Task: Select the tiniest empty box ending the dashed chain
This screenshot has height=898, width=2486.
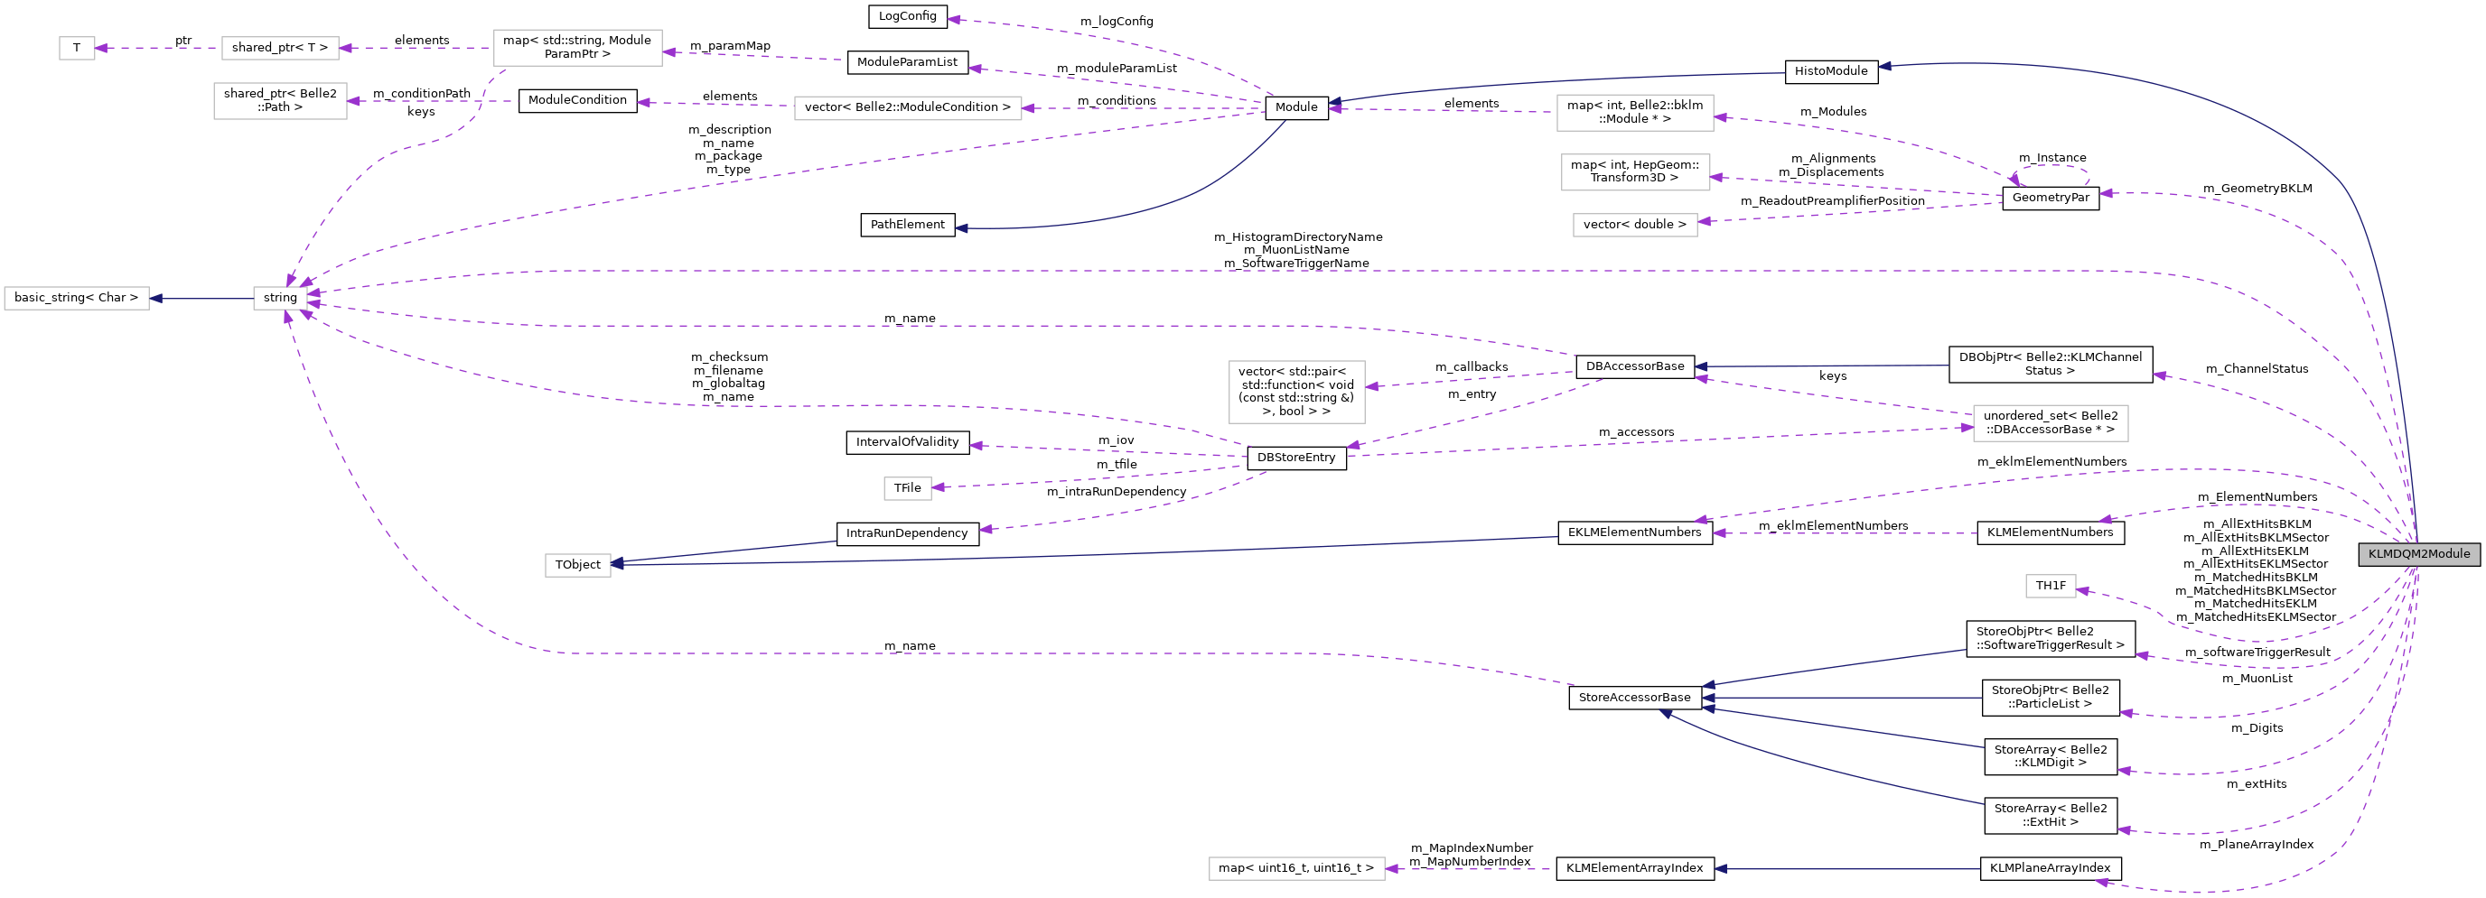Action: point(77,48)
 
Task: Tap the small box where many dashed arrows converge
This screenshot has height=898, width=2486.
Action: point(280,299)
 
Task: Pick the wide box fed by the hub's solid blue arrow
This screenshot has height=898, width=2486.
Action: point(76,299)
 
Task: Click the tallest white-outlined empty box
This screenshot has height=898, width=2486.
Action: point(1296,392)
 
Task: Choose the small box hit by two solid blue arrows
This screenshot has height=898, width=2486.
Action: point(577,565)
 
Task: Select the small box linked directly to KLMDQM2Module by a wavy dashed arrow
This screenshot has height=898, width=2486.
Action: point(2050,587)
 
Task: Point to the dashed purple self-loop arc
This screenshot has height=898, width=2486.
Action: point(2051,169)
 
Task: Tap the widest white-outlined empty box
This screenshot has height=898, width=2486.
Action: point(907,108)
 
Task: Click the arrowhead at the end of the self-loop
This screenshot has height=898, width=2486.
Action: point(2015,180)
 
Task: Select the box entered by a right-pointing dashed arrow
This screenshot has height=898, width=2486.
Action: point(2050,423)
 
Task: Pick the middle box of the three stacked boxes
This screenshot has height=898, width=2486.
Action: point(1635,172)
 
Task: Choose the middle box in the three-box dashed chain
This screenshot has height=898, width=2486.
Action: point(280,48)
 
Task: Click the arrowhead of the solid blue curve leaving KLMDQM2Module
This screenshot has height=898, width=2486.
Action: point(1884,67)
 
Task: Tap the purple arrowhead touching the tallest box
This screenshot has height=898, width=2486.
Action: point(1371,387)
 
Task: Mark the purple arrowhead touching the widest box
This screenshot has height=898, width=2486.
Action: point(1029,108)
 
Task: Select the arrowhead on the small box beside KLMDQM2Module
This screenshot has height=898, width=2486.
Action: point(2082,590)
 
